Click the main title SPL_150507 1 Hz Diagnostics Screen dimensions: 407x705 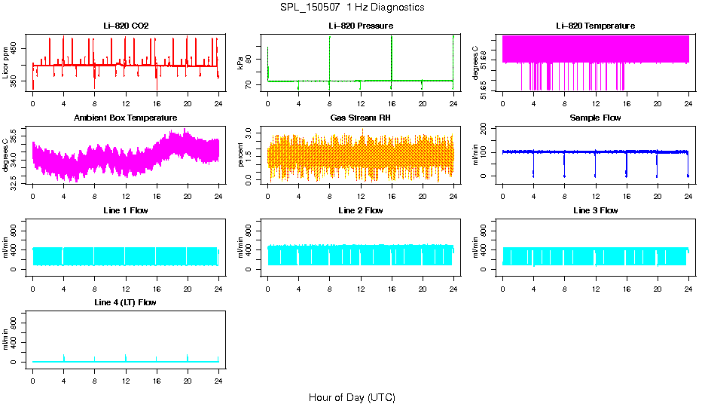[x=352, y=7]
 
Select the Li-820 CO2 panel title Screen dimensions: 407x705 [x=126, y=26]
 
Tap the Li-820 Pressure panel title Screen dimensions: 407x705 [x=360, y=26]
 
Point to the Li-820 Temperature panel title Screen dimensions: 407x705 [x=595, y=26]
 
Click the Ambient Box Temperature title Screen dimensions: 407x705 [x=126, y=118]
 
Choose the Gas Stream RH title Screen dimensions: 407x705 [x=360, y=118]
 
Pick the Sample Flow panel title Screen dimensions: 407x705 [x=595, y=118]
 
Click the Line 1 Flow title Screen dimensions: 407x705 [x=126, y=210]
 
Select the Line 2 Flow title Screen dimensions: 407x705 [x=360, y=210]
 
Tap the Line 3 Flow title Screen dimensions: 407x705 [x=595, y=210]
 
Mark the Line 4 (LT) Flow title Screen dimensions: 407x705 [x=126, y=302]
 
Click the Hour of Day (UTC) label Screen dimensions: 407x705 [x=352, y=397]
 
